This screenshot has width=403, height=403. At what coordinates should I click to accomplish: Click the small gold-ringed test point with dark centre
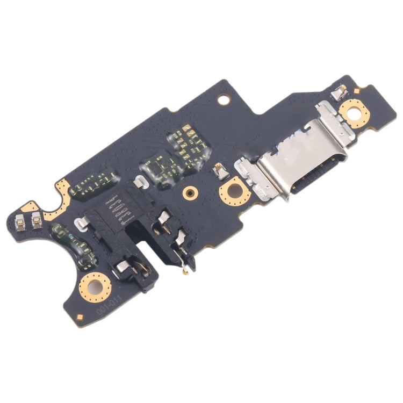[x=189, y=192]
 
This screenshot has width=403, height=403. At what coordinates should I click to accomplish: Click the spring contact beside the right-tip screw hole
[x=339, y=92]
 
